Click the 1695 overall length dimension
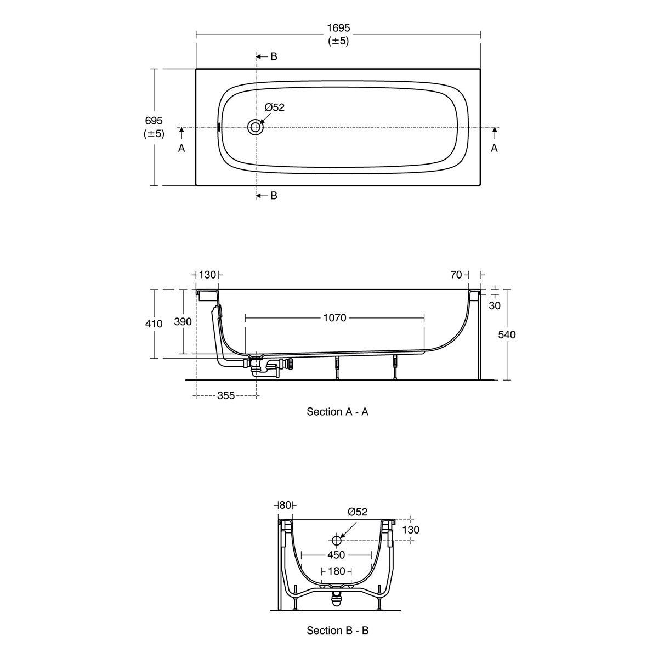[x=338, y=27]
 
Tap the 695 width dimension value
[x=154, y=121]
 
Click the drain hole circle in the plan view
[x=255, y=127]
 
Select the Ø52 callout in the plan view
[x=275, y=107]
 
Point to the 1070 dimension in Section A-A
[x=334, y=318]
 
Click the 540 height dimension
[x=507, y=334]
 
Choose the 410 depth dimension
[x=154, y=324]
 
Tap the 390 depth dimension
[x=183, y=321]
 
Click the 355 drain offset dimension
[x=226, y=395]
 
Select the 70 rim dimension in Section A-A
[x=456, y=275]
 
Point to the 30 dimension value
[x=495, y=305]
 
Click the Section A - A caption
[x=337, y=412]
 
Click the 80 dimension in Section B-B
[x=285, y=505]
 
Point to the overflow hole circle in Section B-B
[x=337, y=541]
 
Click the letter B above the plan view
[x=274, y=56]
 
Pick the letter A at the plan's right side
[x=494, y=148]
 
